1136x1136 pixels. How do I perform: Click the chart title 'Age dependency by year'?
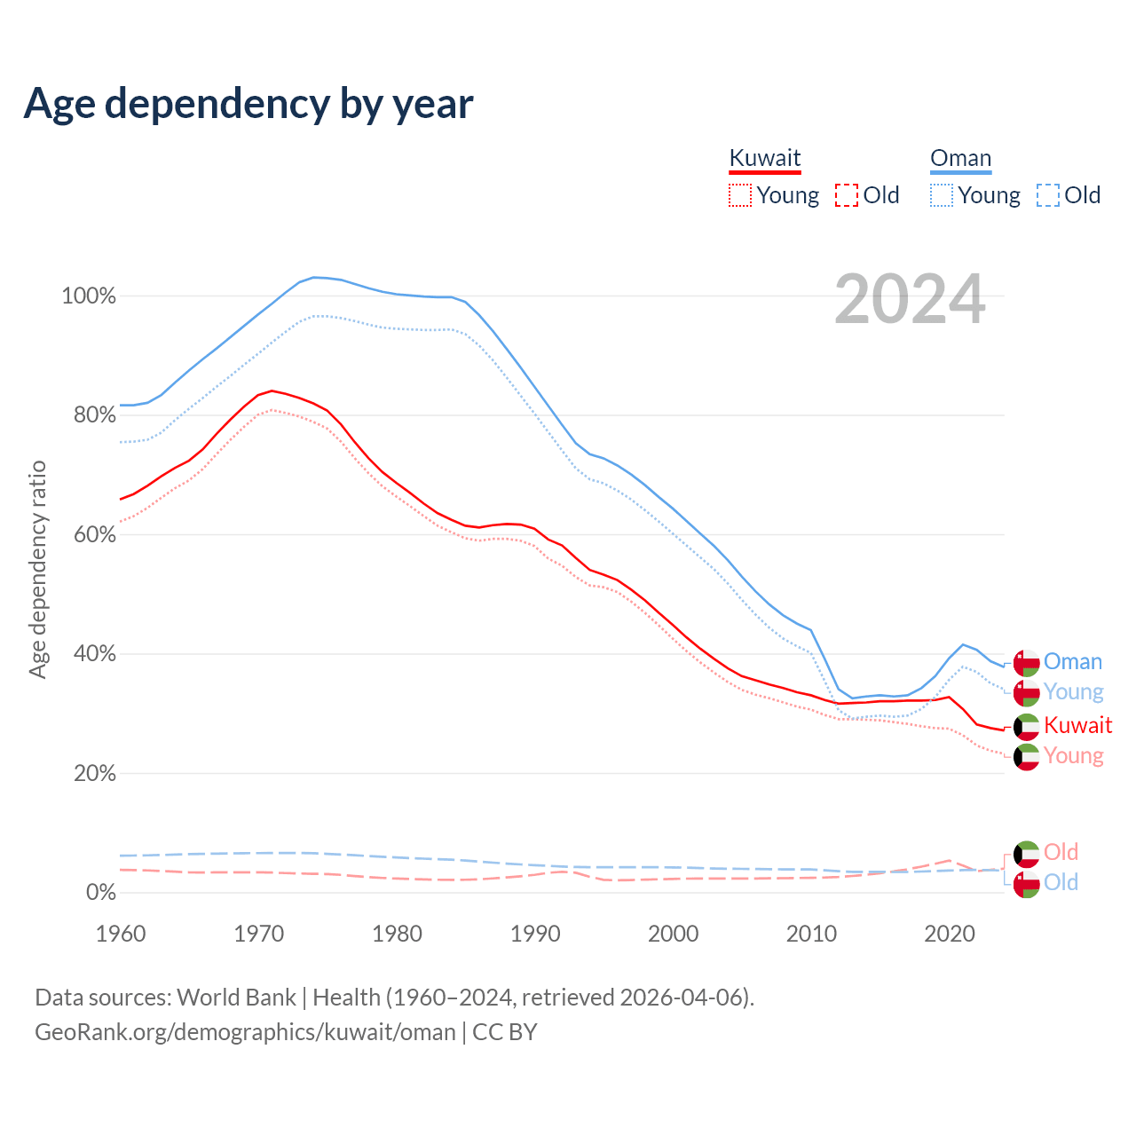pos(248,104)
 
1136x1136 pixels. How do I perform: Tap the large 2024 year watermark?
pos(910,300)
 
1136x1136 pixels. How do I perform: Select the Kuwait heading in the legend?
pos(765,158)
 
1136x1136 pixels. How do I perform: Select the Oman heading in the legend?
pos(960,158)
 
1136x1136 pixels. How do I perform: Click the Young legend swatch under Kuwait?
pos(739,195)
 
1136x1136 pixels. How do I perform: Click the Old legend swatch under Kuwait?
pos(847,195)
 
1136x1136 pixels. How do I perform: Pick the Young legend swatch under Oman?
pos(942,195)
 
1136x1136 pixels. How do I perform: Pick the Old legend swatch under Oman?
pos(1048,195)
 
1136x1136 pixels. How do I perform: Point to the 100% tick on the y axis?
pos(89,296)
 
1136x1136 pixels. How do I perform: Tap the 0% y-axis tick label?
pos(100,893)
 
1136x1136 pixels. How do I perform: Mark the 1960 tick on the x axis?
pos(121,934)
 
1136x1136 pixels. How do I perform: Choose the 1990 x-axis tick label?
pos(535,934)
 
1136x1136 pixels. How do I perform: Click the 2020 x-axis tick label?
pos(950,934)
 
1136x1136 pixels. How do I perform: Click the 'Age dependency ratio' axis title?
pos(37,569)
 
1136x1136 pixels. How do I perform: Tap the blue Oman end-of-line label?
pos(1073,662)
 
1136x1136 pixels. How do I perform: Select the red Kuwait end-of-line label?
pos(1077,726)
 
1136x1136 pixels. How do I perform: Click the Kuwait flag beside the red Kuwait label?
pos(1027,727)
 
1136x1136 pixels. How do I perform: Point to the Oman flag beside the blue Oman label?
pos(1027,663)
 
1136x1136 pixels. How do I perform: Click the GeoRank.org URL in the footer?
pos(245,1032)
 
